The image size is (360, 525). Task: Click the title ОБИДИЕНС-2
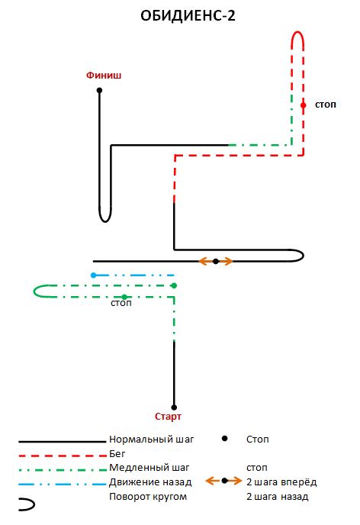pos(188,16)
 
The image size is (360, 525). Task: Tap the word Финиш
pos(104,76)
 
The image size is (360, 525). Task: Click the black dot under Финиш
pos(99,90)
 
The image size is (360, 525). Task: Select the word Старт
pos(168,417)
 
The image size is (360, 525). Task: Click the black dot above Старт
pos(174,407)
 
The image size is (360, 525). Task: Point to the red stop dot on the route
pos(303,105)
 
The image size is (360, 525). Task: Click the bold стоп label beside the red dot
pos(326,105)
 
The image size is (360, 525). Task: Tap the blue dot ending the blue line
pos(93,275)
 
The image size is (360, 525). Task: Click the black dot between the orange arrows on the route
pos(216,261)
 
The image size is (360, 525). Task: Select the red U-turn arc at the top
pos(297,32)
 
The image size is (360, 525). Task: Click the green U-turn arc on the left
pos(34,291)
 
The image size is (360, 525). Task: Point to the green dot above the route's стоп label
pos(124,297)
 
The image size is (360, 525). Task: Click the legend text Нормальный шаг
pos(152,440)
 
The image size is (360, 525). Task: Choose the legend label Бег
pos(117,454)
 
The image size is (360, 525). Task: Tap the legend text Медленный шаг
pos(149,468)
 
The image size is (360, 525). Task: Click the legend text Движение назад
pos(150,482)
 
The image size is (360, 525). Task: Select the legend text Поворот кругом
pos(148,497)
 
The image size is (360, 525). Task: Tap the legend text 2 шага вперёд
pos(281,482)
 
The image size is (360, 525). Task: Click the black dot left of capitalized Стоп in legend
pos(225,438)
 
